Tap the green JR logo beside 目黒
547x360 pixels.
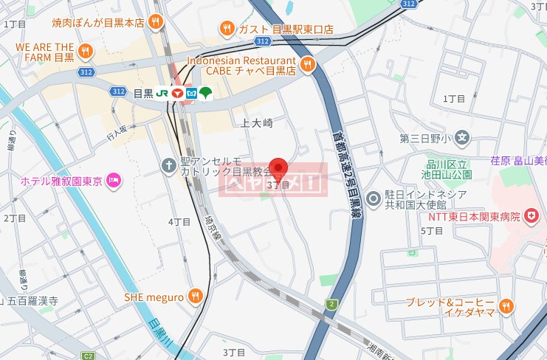click(160, 93)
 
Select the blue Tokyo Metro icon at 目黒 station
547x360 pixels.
click(191, 93)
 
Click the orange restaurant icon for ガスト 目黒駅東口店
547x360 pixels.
click(227, 29)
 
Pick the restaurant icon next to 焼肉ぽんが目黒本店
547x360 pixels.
click(154, 22)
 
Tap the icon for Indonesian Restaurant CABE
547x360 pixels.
click(307, 65)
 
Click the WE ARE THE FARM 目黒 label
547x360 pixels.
click(45, 51)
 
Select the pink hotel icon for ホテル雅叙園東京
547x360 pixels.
click(114, 179)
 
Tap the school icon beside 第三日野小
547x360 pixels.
click(462, 137)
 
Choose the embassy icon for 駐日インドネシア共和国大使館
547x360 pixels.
click(374, 198)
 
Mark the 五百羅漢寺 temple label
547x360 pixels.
click(37, 301)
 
